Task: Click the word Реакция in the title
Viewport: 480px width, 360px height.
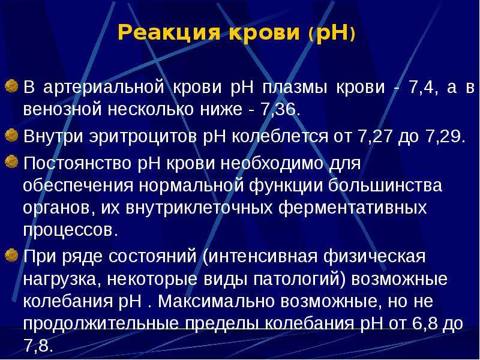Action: (169, 32)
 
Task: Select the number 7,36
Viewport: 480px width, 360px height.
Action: (278, 110)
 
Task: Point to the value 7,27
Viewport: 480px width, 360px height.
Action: (374, 137)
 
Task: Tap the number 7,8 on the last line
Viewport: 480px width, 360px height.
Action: (36, 346)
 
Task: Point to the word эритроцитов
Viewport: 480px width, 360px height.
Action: (143, 137)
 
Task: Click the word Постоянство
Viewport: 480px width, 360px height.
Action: (77, 163)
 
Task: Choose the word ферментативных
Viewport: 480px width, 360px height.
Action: (353, 208)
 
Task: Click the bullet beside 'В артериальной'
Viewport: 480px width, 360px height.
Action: (11, 86)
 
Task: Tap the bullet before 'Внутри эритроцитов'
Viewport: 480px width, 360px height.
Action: (11, 136)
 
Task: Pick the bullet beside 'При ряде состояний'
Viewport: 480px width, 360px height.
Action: (11, 254)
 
